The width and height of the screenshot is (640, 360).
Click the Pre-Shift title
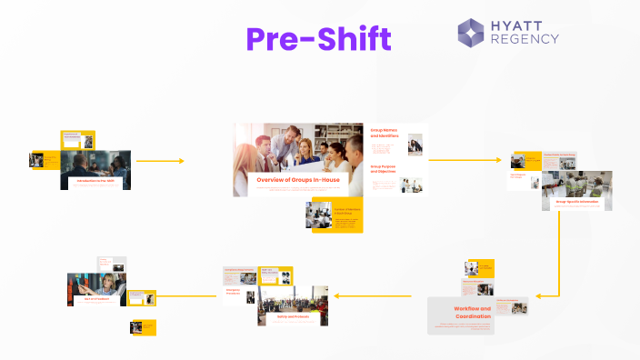pyautogui.click(x=318, y=38)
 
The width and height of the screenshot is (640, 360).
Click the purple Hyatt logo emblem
pyautogui.click(x=471, y=32)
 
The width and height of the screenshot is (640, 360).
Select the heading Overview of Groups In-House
pyautogui.click(x=298, y=180)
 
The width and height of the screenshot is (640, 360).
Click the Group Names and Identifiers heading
pyautogui.click(x=385, y=135)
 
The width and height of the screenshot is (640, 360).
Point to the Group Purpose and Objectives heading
pyautogui.click(x=385, y=170)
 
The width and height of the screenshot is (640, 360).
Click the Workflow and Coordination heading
pyautogui.click(x=472, y=313)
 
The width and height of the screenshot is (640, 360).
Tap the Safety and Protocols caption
pyautogui.click(x=293, y=317)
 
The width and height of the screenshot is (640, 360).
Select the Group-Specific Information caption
pyautogui.click(x=576, y=202)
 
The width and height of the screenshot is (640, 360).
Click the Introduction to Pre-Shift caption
pyautogui.click(x=95, y=181)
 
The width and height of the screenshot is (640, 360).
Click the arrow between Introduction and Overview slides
pyautogui.click(x=160, y=161)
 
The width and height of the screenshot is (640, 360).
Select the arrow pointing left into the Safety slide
pyautogui.click(x=338, y=295)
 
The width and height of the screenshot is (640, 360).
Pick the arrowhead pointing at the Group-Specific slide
pyautogui.click(x=497, y=161)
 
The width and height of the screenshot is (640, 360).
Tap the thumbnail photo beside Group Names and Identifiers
pyautogui.click(x=415, y=145)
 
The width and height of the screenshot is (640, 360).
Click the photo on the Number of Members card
pyautogui.click(x=318, y=215)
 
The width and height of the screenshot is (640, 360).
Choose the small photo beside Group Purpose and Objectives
pyautogui.click(x=412, y=185)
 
